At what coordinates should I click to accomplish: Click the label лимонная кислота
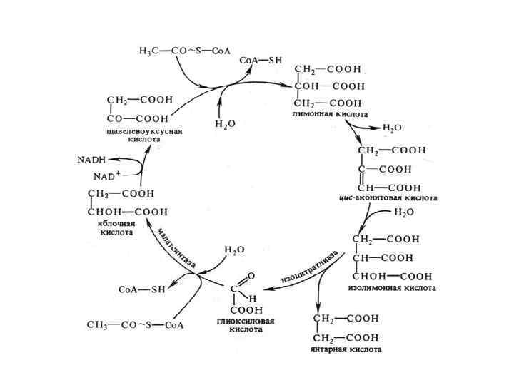(331, 114)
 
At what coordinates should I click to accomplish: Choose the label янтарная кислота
(346, 349)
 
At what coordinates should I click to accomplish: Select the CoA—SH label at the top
(261, 61)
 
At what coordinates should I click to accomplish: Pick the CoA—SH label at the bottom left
(141, 289)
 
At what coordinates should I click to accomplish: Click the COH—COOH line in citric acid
(328, 86)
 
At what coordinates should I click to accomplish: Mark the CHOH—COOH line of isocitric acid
(393, 276)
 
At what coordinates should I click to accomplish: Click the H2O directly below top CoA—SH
(225, 123)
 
